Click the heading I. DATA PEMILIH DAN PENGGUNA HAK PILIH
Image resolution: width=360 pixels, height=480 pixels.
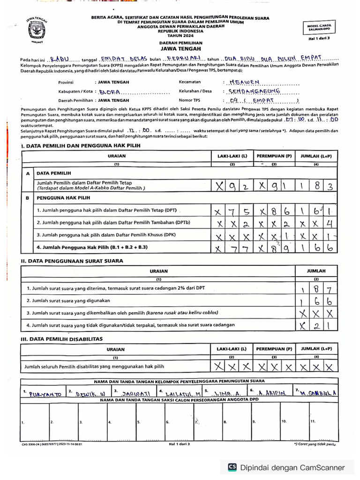pos(80,146)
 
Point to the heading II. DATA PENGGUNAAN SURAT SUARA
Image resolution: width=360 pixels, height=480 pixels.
pos(72,261)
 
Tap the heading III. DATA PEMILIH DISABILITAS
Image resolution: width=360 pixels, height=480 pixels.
pos(62,338)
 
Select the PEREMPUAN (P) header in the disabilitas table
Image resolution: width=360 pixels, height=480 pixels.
pos(274,349)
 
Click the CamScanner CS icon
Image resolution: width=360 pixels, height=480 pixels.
pos(232,467)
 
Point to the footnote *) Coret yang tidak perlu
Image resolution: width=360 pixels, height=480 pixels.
pos(315,443)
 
